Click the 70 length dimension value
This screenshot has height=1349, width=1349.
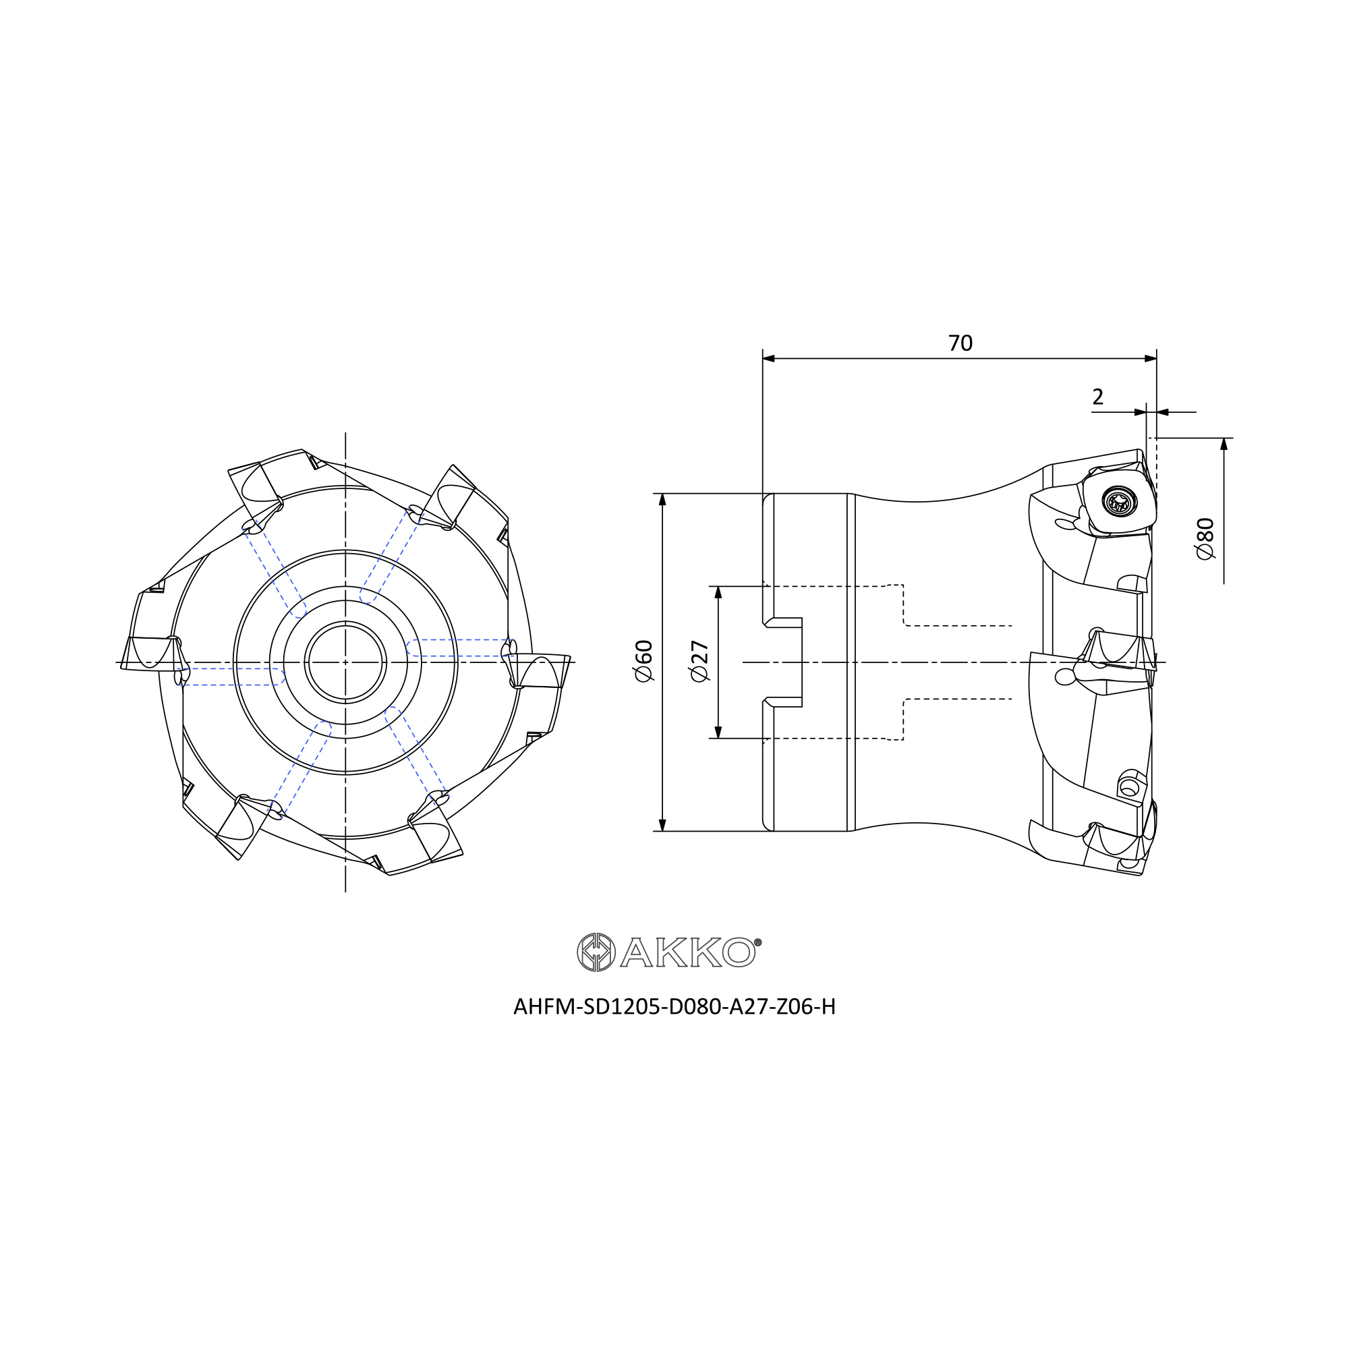(x=960, y=343)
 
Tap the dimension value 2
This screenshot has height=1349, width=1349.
(x=1097, y=397)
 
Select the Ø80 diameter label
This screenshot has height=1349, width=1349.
(x=1206, y=538)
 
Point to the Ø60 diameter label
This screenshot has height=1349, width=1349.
(x=643, y=660)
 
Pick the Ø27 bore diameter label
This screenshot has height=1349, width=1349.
(x=699, y=661)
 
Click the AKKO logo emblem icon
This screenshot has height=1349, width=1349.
(x=596, y=952)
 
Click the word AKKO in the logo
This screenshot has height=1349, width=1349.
(x=688, y=952)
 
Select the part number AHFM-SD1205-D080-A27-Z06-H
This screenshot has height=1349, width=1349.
(x=674, y=1006)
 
